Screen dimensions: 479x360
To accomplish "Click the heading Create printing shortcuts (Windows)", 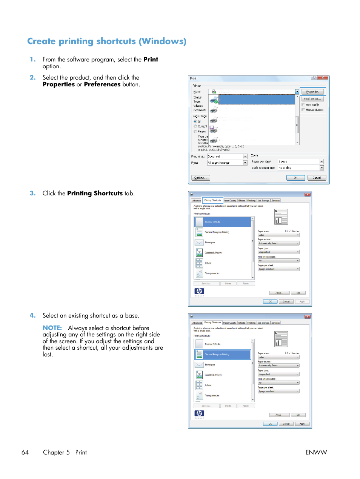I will pyautogui.click(x=107, y=41).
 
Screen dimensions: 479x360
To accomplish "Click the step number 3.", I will pyautogui.click(x=33, y=193).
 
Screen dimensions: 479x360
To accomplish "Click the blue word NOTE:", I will pyautogui.click(x=52, y=328).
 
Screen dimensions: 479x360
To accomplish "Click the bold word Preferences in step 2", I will pyautogui.click(x=102, y=84).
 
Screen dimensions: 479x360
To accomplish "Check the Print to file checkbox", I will pyautogui.click(x=303, y=105).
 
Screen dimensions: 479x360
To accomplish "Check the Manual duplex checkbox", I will pyautogui.click(x=303, y=110).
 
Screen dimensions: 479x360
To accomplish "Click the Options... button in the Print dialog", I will pyautogui.click(x=201, y=178).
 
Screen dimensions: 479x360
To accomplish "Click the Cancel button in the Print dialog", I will pyautogui.click(x=317, y=178).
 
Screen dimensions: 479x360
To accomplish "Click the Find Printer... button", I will pyautogui.click(x=312, y=98).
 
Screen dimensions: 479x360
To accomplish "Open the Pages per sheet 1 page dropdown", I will pyautogui.click(x=322, y=161).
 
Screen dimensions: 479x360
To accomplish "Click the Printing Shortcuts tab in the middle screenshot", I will pyautogui.click(x=213, y=200).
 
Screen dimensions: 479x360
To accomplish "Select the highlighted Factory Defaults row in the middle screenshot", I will pyautogui.click(x=223, y=222).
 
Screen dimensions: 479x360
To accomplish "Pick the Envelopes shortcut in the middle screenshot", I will pyautogui.click(x=210, y=243).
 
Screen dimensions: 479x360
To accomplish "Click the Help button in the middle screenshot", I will pyautogui.click(x=298, y=293).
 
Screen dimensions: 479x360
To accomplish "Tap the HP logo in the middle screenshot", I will pyautogui.click(x=199, y=291).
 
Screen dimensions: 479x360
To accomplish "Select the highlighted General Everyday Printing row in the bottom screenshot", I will pyautogui.click(x=223, y=355).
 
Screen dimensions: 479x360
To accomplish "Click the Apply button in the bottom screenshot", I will pyautogui.click(x=302, y=424).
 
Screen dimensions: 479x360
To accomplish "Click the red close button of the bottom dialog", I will pyautogui.click(x=307, y=317).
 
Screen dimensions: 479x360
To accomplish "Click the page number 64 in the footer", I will pyautogui.click(x=25, y=452).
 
